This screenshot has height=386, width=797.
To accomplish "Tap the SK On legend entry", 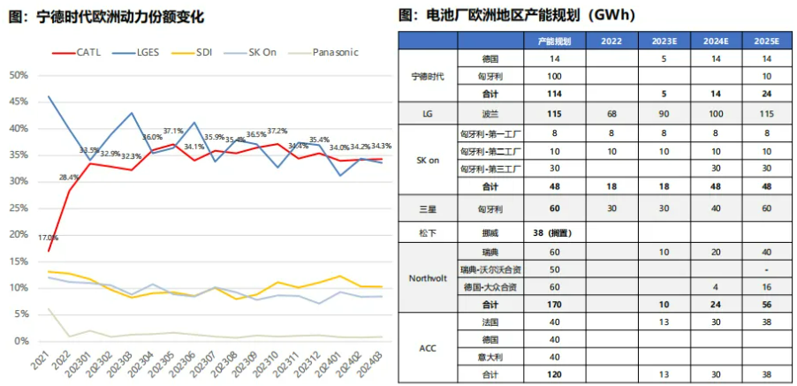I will [259, 53].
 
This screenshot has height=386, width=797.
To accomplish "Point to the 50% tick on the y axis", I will [18, 75].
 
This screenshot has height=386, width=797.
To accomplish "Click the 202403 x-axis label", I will [374, 363].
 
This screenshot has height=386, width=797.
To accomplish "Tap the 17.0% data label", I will [48, 238].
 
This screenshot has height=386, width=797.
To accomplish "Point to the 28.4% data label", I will [69, 178].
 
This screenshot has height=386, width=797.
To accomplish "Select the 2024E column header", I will [717, 42].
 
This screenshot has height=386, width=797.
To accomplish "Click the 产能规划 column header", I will [554, 42].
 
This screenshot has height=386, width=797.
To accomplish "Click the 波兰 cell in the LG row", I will [490, 114].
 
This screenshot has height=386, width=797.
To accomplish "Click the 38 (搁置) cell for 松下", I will [554, 232].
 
